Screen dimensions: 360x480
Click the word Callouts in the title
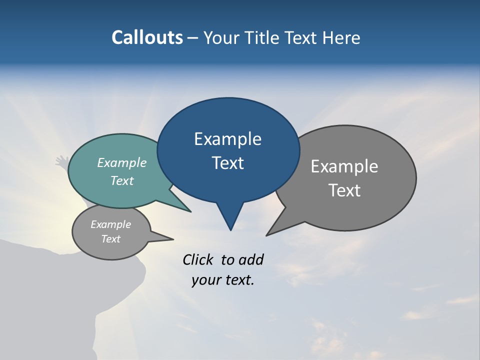pyautogui.click(x=147, y=37)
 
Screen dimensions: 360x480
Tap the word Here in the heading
pyautogui.click(x=341, y=37)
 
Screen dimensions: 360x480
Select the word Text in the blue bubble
pyautogui.click(x=228, y=163)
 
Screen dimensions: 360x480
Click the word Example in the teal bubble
pyautogui.click(x=122, y=162)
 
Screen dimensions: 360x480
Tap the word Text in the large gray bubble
pyautogui.click(x=345, y=190)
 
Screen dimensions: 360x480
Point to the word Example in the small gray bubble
pyautogui.click(x=111, y=224)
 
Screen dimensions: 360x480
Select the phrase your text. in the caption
pyautogui.click(x=223, y=280)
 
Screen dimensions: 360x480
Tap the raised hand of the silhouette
pyautogui.click(x=62, y=161)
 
